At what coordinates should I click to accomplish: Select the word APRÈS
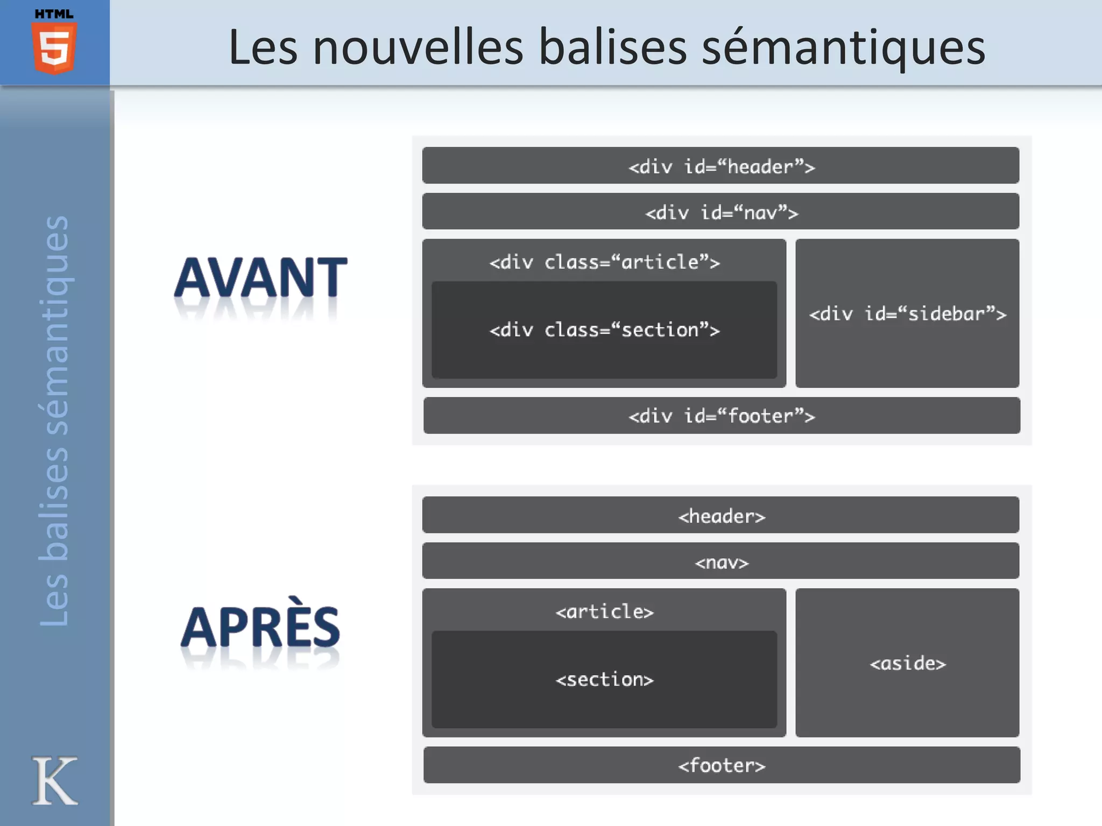pyautogui.click(x=261, y=627)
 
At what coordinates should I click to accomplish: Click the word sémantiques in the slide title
pyautogui.click(x=844, y=47)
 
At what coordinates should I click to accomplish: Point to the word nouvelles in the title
pyautogui.click(x=418, y=47)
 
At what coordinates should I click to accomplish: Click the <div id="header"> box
pyautogui.click(x=720, y=166)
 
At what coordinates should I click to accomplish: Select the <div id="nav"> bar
pyautogui.click(x=720, y=212)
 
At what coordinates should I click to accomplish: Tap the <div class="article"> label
pyautogui.click(x=604, y=262)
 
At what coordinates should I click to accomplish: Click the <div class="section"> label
pyautogui.click(x=604, y=330)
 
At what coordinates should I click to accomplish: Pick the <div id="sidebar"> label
pyautogui.click(x=907, y=314)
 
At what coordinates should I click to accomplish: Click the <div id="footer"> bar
pyautogui.click(x=722, y=416)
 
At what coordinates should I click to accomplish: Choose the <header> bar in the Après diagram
pyautogui.click(x=720, y=515)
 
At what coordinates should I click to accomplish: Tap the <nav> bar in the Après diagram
pyautogui.click(x=720, y=561)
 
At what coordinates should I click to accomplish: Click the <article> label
pyautogui.click(x=604, y=611)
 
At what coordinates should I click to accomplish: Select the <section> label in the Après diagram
pyautogui.click(x=604, y=679)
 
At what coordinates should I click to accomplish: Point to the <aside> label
pyautogui.click(x=907, y=663)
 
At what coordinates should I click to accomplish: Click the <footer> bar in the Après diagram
pyautogui.click(x=722, y=765)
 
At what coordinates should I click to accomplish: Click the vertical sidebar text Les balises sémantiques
pyautogui.click(x=54, y=421)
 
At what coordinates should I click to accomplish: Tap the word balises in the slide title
pyautogui.click(x=613, y=47)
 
